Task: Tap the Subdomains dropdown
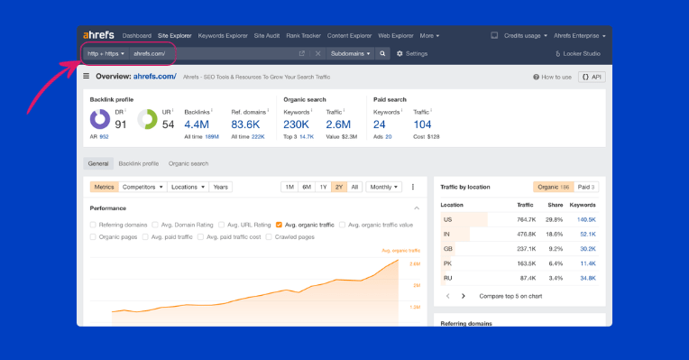coord(350,53)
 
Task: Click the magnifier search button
coord(382,53)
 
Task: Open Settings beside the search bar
coord(412,53)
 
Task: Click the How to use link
coord(552,77)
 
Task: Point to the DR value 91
coord(121,124)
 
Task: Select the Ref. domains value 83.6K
coord(245,124)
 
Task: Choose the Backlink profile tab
coord(138,163)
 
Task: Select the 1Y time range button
coord(323,187)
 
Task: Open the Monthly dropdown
coord(383,187)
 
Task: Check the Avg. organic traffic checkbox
coord(280,224)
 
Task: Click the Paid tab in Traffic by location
coord(587,187)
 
